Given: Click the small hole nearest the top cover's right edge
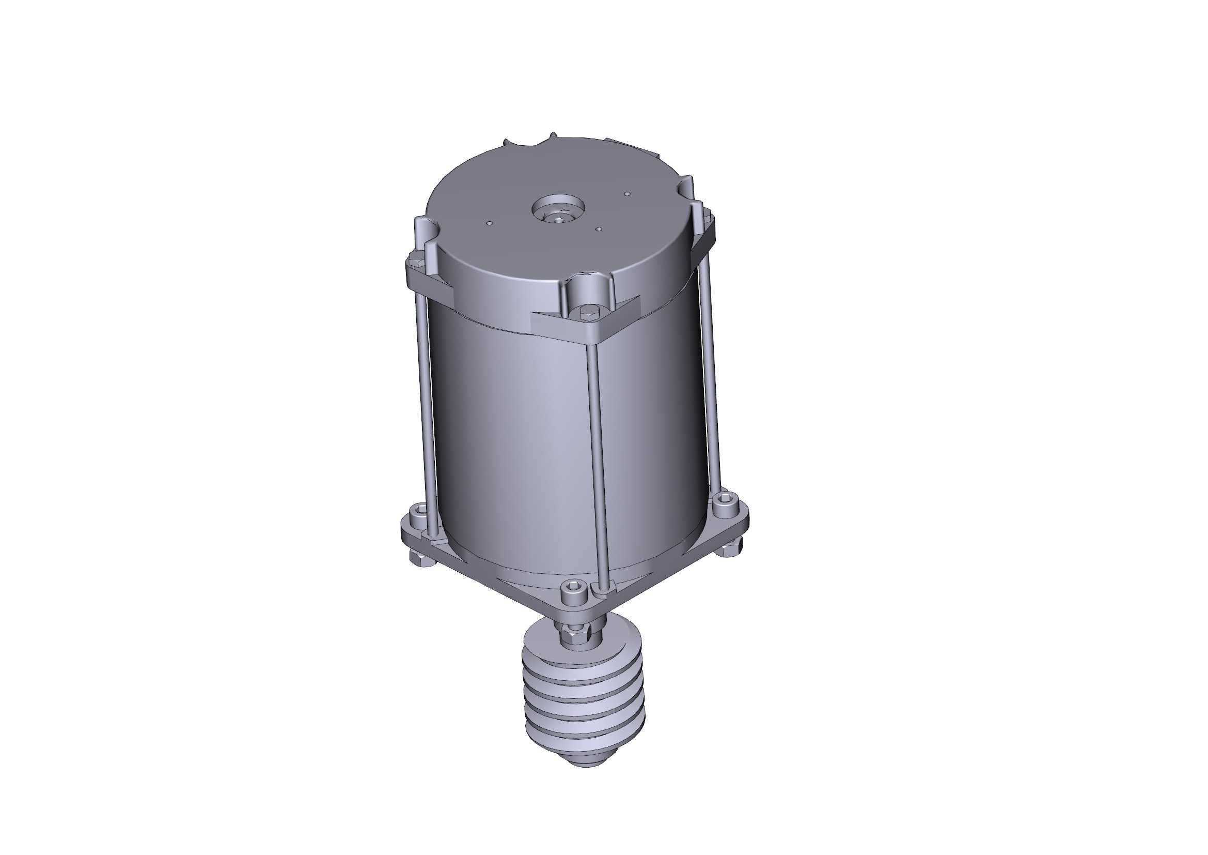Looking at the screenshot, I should tap(626, 194).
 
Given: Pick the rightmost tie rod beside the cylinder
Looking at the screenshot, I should tap(711, 369).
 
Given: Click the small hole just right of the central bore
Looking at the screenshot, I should tap(599, 230).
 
